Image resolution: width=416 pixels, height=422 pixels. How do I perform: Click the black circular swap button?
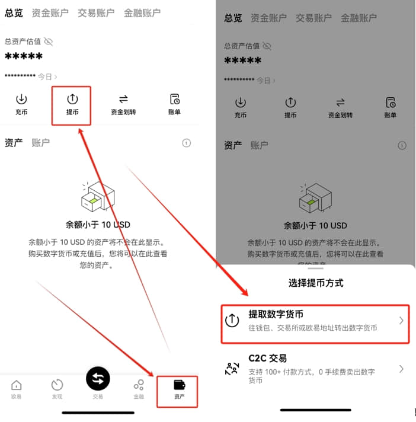[98, 379]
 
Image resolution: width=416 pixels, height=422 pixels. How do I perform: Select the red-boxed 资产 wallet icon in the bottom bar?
[179, 385]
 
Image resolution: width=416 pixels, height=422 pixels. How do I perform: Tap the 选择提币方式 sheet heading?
[316, 283]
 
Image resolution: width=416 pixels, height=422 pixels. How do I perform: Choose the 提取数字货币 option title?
[276, 314]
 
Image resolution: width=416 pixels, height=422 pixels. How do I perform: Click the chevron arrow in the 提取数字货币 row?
[401, 320]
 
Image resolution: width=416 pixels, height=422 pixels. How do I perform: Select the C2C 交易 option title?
[267, 358]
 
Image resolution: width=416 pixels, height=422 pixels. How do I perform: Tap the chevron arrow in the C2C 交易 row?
[401, 369]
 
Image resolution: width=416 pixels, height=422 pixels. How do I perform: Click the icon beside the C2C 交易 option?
[232, 369]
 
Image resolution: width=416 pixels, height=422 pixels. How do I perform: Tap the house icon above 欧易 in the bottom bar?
[17, 385]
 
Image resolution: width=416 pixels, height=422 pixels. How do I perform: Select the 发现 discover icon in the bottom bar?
[57, 385]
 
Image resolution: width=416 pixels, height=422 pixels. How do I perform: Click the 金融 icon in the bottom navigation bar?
[139, 385]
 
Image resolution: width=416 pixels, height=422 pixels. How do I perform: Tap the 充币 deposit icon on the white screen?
[21, 99]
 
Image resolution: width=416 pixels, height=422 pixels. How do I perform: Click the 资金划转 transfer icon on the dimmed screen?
[340, 103]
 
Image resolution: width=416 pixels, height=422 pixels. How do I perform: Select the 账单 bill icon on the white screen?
[175, 99]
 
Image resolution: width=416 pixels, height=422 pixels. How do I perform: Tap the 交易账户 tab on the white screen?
[96, 13]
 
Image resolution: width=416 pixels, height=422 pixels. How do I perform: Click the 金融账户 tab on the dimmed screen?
[359, 18]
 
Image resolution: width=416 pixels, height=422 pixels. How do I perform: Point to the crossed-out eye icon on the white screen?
[49, 41]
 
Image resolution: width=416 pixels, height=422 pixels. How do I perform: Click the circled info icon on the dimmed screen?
[402, 146]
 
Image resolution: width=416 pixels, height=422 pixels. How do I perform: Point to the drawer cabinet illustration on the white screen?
[98, 196]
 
